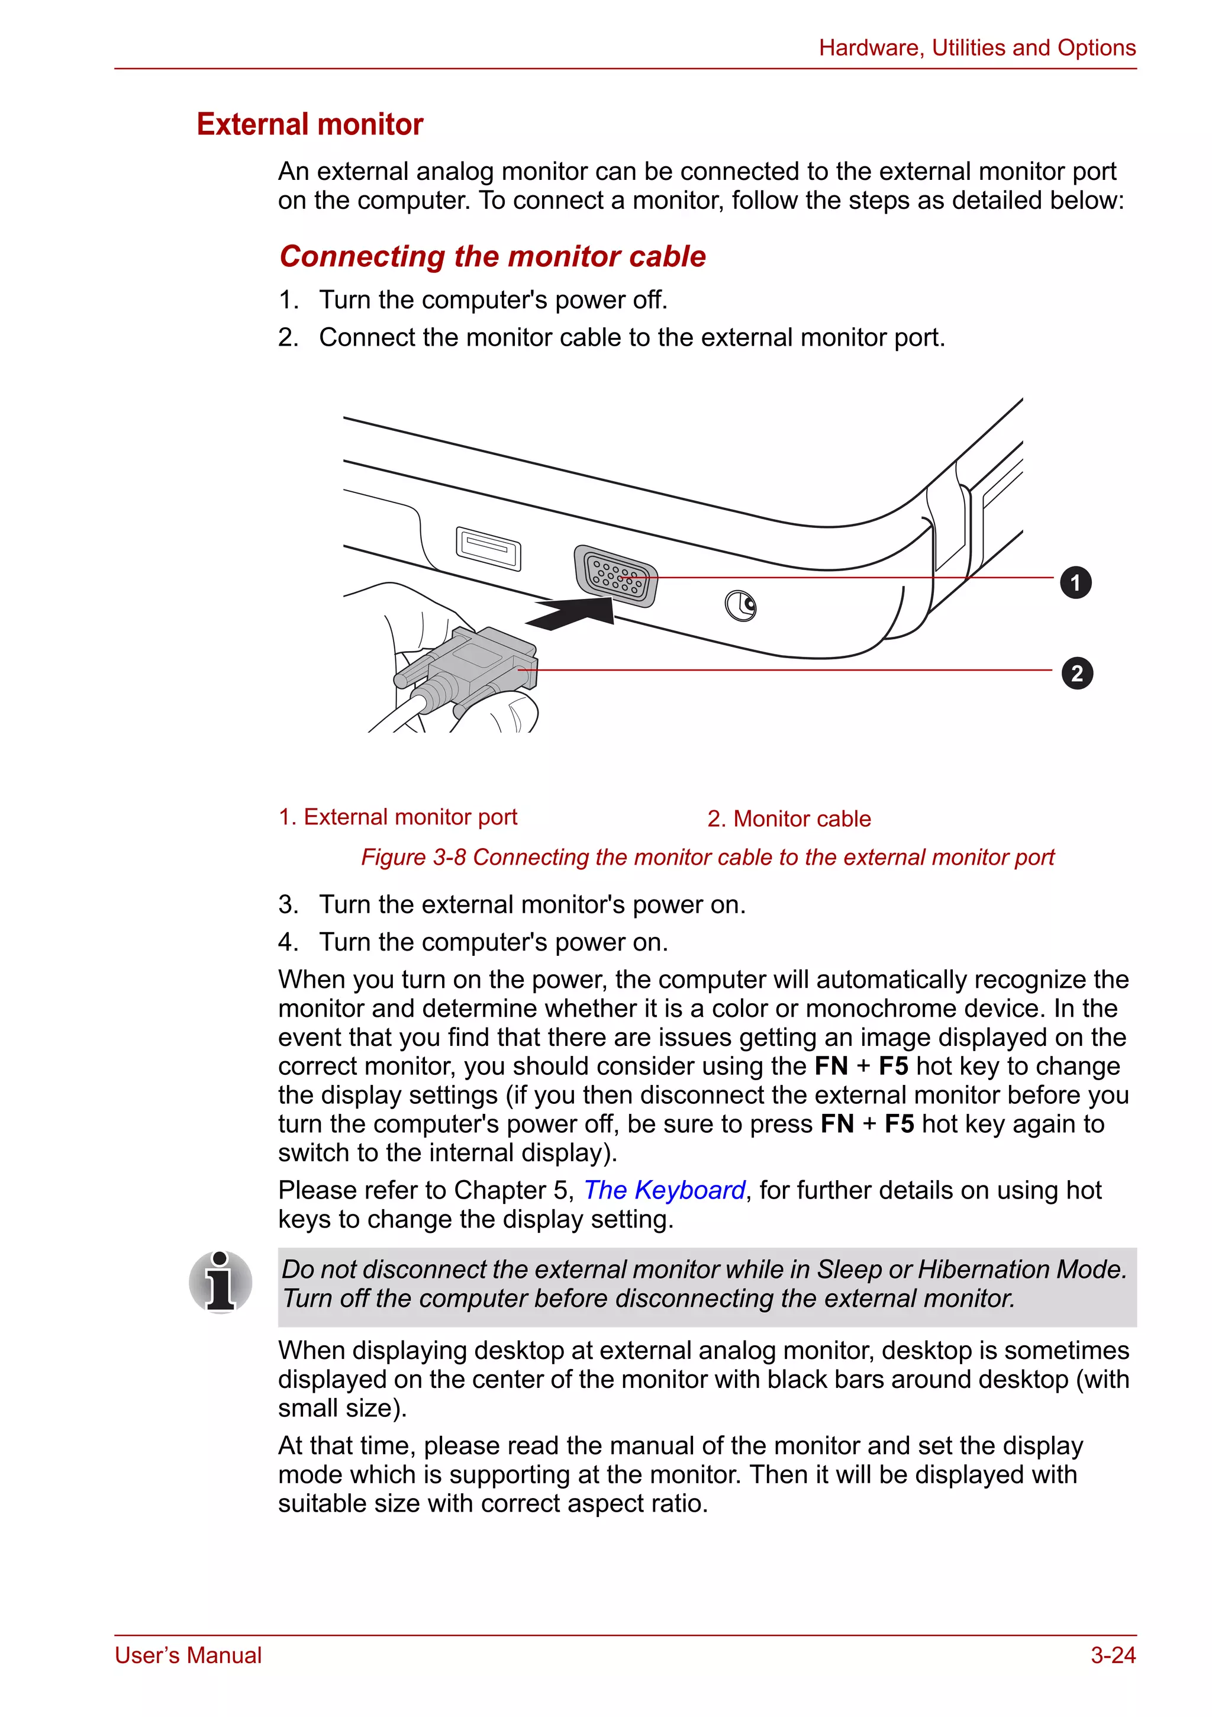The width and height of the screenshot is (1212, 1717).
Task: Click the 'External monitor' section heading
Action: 310,124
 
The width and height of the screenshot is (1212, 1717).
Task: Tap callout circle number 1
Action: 1075,582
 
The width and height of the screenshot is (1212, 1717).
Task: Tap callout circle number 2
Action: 1076,673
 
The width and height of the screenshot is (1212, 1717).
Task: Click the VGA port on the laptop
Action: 615,576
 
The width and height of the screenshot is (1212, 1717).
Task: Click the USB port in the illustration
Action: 488,548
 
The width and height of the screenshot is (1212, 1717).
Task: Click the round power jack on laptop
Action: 740,605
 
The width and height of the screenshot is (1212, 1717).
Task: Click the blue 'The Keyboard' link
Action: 664,1190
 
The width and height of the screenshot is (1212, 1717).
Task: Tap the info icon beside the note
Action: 221,1282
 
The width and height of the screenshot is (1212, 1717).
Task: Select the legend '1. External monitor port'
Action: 397,817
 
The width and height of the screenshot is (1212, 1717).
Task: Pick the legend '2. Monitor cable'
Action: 789,819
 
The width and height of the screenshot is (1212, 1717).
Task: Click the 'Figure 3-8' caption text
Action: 707,857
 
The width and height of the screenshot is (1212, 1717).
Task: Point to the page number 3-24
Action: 1113,1655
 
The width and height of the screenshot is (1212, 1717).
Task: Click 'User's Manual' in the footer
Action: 188,1655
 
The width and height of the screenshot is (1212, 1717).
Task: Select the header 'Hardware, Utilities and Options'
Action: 976,48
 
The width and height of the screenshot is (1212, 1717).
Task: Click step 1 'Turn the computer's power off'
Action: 493,300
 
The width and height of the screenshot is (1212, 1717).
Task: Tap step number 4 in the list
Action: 288,942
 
